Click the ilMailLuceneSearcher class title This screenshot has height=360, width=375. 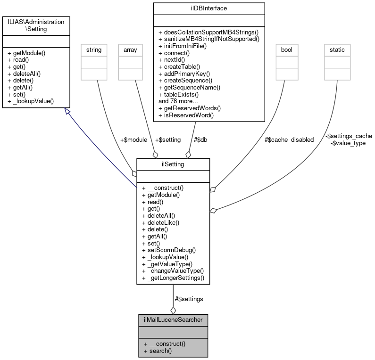pyautogui.click(x=173, y=320)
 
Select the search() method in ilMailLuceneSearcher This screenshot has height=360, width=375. pyautogui.click(x=158, y=351)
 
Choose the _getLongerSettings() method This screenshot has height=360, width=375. pyautogui.click(x=173, y=278)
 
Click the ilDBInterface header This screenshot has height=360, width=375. pyautogui.click(x=208, y=8)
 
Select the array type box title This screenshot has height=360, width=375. pyautogui.click(x=130, y=49)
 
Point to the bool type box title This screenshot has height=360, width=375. pyautogui.click(x=286, y=49)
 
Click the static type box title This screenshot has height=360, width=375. pyautogui.click(x=337, y=49)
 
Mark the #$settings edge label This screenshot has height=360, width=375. pyautogui.click(x=189, y=299)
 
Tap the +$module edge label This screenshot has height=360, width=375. pyautogui.click(x=134, y=139)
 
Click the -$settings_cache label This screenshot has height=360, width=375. pyautogui.click(x=349, y=136)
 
